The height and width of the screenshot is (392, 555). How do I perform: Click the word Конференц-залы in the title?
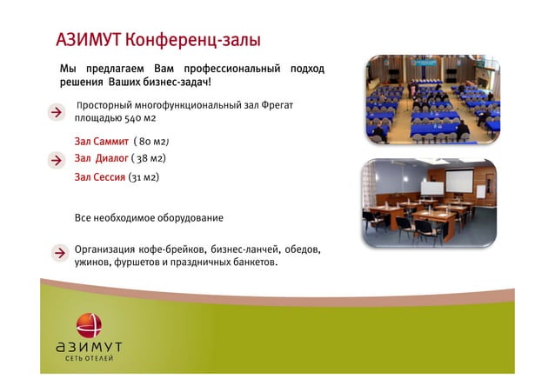pyautogui.click(x=192, y=40)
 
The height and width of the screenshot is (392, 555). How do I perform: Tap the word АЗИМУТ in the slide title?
pyautogui.click(x=88, y=40)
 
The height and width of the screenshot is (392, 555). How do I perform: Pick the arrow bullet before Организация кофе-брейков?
pyautogui.click(x=57, y=254)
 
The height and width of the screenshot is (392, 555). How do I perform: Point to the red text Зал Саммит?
pyautogui.click(x=102, y=141)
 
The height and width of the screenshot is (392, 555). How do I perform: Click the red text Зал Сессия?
pyautogui.click(x=99, y=177)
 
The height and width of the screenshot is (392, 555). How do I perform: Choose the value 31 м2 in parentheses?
pyautogui.click(x=144, y=177)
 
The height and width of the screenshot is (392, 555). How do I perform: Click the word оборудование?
pyautogui.click(x=190, y=217)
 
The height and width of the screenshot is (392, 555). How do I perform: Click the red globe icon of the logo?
pyautogui.click(x=89, y=324)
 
